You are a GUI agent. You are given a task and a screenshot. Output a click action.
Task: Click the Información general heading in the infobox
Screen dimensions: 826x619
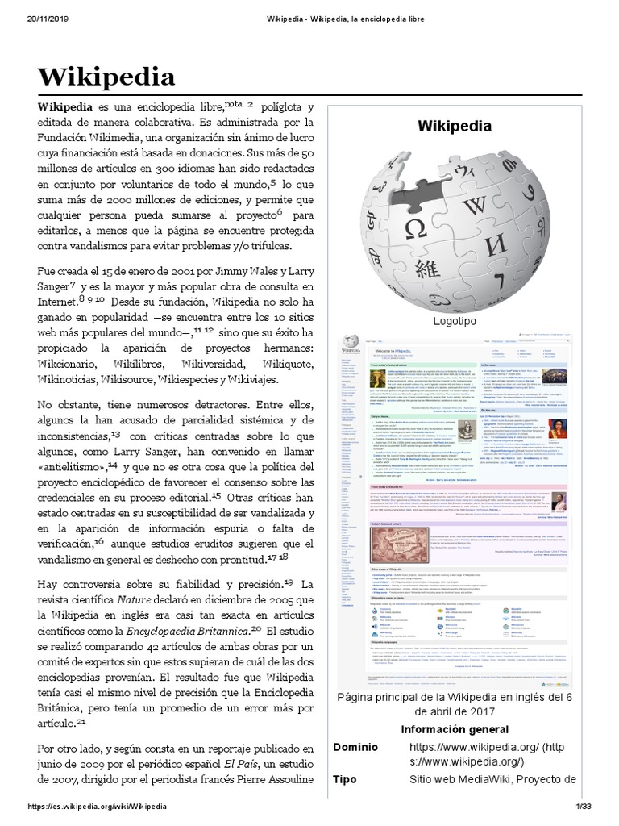pos(454,729)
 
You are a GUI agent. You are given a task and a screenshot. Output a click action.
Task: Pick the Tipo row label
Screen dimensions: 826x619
pos(347,779)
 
